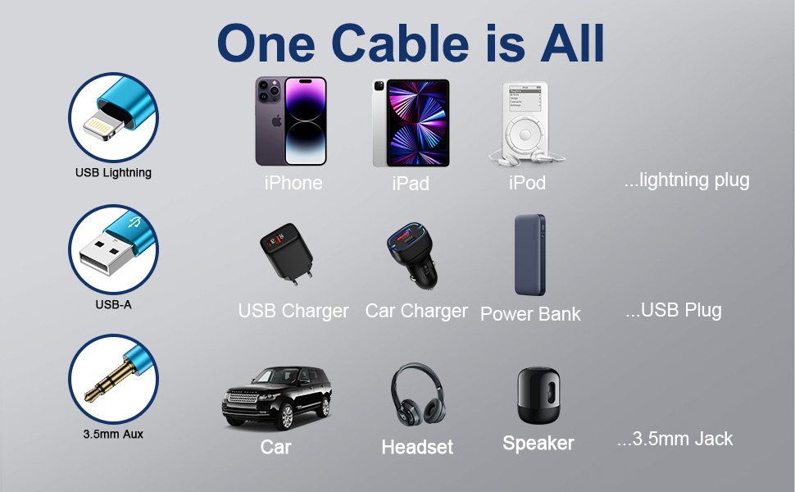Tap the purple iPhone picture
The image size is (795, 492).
coord(291,121)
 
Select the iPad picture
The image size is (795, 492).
coord(411,123)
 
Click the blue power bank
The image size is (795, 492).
coord(529,255)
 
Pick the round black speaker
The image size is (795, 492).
coord(538,396)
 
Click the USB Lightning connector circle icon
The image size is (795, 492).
coord(113,116)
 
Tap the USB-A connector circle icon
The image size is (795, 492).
coord(113,248)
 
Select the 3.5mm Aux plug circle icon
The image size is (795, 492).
coord(113,378)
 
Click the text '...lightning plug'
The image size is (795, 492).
coord(686,180)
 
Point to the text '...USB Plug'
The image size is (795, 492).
coord(673,310)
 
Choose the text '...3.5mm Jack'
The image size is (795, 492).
coord(675,439)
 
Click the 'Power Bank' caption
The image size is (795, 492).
coord(530,314)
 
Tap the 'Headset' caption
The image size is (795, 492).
coord(417,447)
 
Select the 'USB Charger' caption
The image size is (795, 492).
coord(293,312)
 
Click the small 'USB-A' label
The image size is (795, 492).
coord(113,305)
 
